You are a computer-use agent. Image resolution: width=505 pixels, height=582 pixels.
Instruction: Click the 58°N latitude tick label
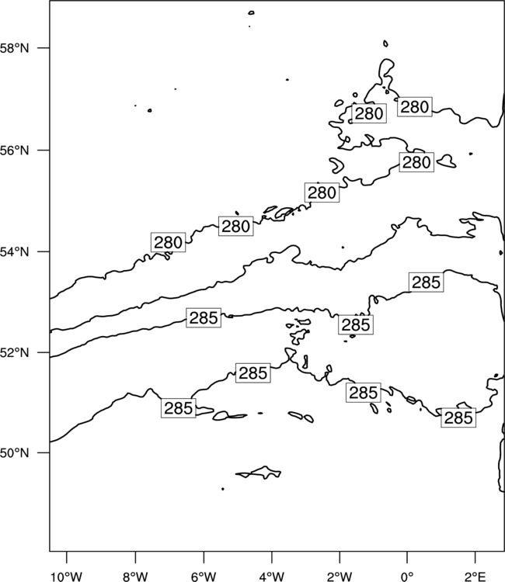[x=14, y=48]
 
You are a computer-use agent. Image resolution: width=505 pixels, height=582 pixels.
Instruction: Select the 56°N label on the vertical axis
[x=14, y=151]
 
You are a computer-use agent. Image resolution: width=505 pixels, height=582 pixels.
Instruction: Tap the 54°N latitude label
[x=14, y=252]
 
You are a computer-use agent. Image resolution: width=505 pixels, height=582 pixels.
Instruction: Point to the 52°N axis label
[x=14, y=352]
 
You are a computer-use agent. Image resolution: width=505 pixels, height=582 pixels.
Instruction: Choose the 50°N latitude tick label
[x=14, y=453]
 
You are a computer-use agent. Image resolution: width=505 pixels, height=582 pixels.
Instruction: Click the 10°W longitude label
[x=67, y=577]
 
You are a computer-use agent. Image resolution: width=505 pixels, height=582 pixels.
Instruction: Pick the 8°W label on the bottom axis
[x=135, y=577]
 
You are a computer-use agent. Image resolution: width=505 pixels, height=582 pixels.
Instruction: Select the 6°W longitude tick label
[x=204, y=577]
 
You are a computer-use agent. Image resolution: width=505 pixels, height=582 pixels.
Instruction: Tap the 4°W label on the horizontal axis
[x=272, y=577]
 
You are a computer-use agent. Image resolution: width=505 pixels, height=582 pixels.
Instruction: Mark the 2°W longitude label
[x=340, y=577]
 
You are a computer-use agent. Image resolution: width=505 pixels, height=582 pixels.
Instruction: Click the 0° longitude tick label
[x=407, y=577]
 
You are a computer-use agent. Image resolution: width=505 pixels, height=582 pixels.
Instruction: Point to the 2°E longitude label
[x=475, y=577]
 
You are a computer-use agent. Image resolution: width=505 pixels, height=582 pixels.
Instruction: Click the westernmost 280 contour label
[x=168, y=242]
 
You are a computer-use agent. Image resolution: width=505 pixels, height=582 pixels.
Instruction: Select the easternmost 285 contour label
[x=458, y=417]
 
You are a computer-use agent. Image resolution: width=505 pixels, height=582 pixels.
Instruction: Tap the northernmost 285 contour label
[x=427, y=282]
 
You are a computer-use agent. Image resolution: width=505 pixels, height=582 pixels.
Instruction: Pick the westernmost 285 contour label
[x=179, y=408]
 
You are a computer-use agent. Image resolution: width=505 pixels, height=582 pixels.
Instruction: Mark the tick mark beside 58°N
[x=43, y=48]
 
